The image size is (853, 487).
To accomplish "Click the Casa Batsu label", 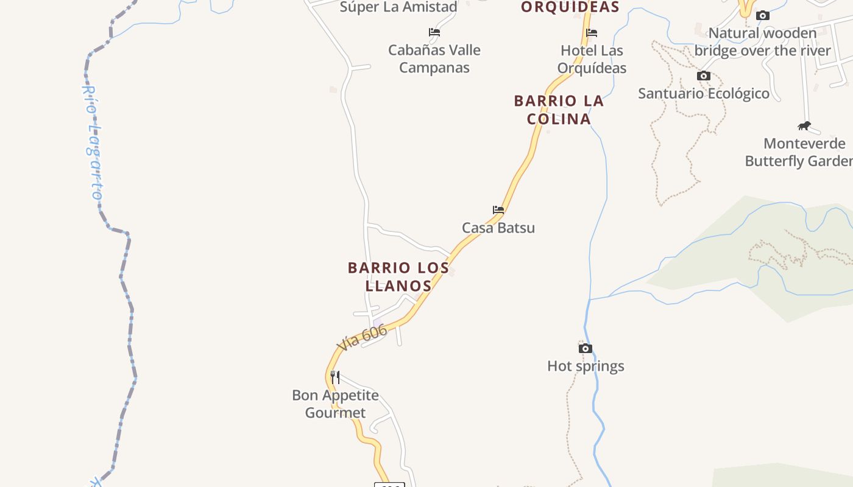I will (x=498, y=228).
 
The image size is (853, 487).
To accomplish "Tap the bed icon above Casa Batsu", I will (x=498, y=210).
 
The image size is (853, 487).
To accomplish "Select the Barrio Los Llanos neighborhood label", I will (x=398, y=276).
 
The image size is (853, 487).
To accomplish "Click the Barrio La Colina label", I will (x=559, y=110).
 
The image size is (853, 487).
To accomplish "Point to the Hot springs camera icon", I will (x=585, y=348).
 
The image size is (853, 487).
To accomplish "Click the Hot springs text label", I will (x=586, y=366).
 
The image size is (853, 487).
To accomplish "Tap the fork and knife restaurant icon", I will (x=334, y=377).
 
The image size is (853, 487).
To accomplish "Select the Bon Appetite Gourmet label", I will (x=335, y=404).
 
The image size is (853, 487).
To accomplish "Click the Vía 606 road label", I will (x=361, y=338).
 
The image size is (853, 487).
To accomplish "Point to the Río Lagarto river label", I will (x=92, y=142).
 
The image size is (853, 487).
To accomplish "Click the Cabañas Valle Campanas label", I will (x=434, y=58).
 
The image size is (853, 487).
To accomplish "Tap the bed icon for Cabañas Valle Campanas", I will (x=434, y=32).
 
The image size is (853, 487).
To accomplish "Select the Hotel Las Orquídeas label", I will (x=592, y=59).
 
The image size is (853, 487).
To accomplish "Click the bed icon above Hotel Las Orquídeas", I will (x=591, y=33).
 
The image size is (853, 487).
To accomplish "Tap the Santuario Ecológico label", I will (x=703, y=93).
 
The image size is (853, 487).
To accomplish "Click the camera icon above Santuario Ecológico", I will (x=704, y=76).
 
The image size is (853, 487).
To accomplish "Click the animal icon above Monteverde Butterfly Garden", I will (x=804, y=126).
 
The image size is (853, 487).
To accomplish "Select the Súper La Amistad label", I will (x=398, y=7).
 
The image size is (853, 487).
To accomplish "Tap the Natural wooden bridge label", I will (x=762, y=41).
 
